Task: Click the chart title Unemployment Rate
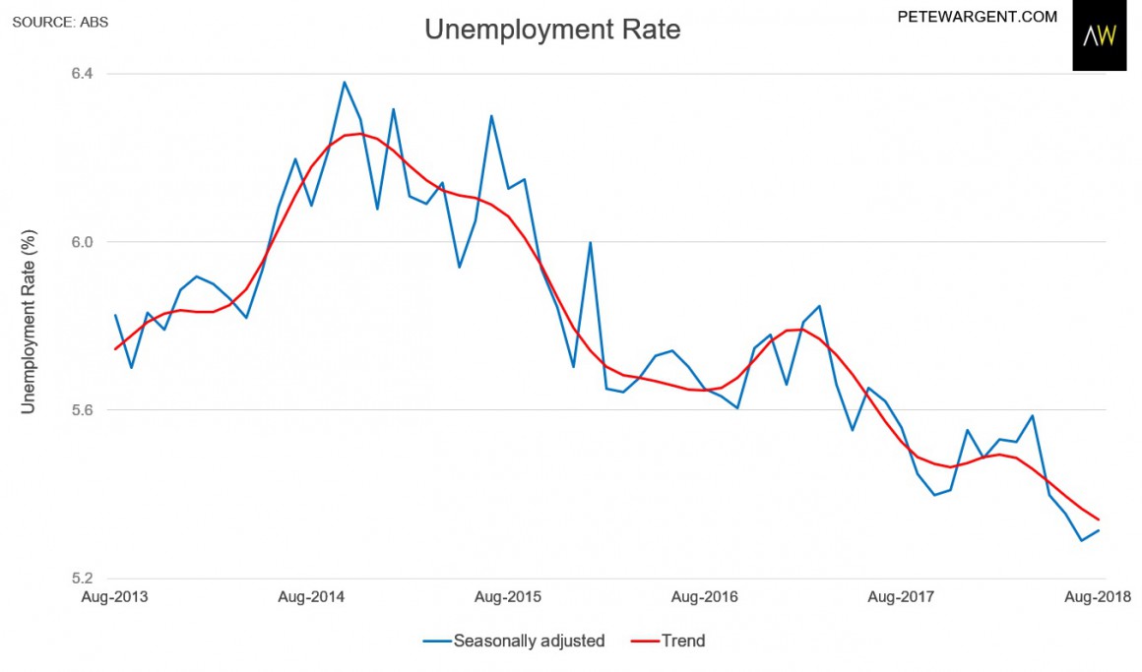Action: tap(552, 30)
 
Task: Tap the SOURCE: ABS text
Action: tap(61, 20)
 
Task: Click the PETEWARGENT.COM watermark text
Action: tap(978, 17)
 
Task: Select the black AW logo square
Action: tap(1099, 36)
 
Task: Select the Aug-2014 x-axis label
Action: tap(311, 597)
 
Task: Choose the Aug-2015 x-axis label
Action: tap(507, 597)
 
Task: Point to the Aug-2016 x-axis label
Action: tap(703, 597)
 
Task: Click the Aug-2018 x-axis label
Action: tap(1098, 597)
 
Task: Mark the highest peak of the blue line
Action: tap(345, 82)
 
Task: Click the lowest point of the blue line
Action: tap(1081, 540)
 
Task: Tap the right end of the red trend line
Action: tap(1098, 519)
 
